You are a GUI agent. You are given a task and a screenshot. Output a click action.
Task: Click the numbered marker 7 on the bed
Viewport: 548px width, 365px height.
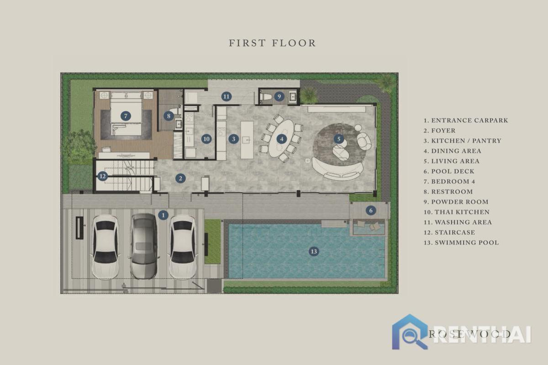[126, 116]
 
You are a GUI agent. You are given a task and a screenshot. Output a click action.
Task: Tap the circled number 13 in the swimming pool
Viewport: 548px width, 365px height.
[314, 251]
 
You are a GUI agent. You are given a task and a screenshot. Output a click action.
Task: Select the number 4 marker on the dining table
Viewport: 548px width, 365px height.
[282, 139]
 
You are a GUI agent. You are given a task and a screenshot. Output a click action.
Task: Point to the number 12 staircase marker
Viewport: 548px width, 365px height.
[102, 176]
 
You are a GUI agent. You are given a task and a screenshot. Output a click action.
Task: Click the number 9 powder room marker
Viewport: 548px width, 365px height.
[279, 96]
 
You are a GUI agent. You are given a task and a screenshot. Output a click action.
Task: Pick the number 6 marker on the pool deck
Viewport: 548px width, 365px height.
[371, 210]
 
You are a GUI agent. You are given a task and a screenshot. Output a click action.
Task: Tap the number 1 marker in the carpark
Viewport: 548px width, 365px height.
[163, 215]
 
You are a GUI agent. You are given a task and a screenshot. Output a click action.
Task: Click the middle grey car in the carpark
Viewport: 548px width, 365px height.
[144, 246]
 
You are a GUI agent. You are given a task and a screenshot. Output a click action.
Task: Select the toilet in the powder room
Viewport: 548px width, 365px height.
[265, 97]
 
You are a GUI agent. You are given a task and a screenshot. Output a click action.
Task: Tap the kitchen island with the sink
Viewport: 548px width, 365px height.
[247, 140]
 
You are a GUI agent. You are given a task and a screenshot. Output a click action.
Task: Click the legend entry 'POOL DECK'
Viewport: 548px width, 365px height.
[453, 172]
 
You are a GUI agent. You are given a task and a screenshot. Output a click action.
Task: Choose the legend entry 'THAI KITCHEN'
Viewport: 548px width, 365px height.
[462, 212]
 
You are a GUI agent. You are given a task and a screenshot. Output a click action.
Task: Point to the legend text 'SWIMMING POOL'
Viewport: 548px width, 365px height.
[467, 243]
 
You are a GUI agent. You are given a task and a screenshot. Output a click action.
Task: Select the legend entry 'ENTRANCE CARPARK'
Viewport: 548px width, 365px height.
[469, 120]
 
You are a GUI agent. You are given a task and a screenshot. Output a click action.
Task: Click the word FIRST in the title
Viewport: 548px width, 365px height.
[248, 43]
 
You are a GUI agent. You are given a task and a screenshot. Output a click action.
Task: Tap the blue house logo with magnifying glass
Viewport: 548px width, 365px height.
[410, 332]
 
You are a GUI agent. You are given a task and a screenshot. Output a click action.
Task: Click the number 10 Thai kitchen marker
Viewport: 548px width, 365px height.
[206, 139]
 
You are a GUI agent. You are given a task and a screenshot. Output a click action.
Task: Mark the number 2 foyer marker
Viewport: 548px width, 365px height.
[180, 178]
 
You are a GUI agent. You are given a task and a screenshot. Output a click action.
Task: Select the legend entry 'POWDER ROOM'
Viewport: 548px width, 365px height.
[460, 202]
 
